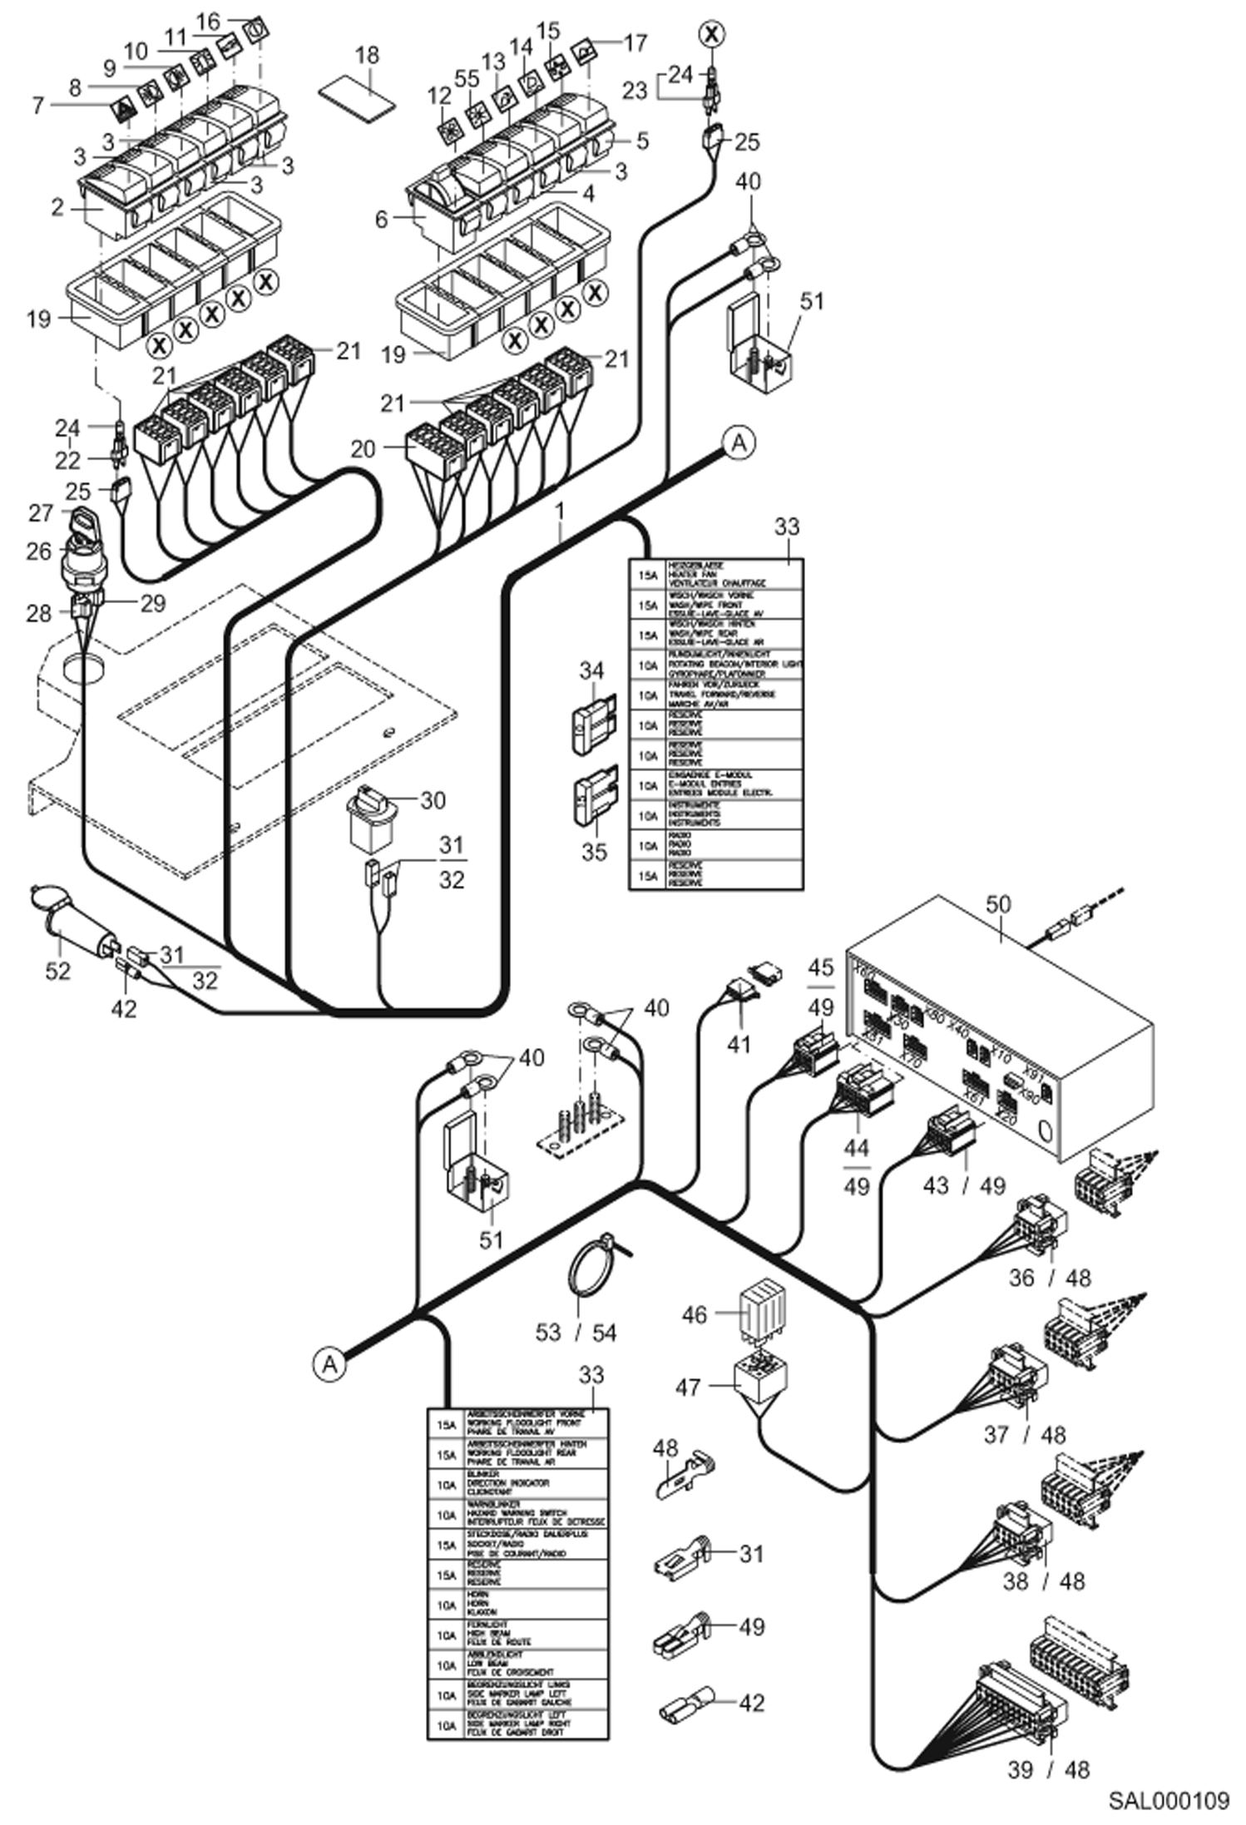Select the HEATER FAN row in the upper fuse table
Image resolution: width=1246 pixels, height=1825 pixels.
[716, 575]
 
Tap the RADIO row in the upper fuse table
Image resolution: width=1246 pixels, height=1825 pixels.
[716, 845]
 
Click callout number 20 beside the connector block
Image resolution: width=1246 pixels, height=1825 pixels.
[363, 449]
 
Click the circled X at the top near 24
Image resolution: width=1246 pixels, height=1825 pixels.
[711, 34]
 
